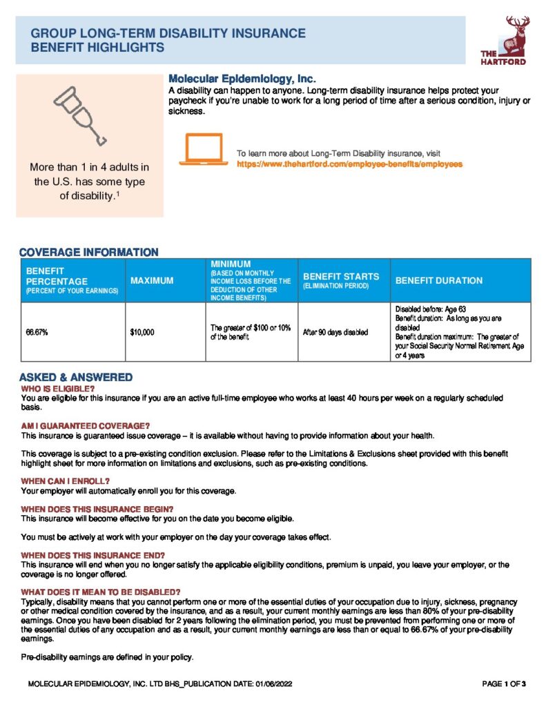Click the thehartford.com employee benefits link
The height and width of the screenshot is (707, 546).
pos(349,164)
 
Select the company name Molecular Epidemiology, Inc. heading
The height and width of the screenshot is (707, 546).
pos(242,79)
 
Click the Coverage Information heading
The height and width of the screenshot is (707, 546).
pos(88,252)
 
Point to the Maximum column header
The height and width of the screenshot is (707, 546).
pos(152,280)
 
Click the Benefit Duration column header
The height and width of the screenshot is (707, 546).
pos(438,280)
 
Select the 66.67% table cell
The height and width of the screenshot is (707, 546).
pos(37,332)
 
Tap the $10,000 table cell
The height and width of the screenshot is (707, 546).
pos(142,332)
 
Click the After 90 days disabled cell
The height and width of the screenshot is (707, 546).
pos(335,332)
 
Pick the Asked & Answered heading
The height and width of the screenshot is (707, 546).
pos(75,378)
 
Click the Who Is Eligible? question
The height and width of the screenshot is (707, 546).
pos(57,389)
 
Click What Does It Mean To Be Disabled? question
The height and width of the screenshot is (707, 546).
pos(101,592)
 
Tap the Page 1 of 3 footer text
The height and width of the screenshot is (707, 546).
pos(505,684)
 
